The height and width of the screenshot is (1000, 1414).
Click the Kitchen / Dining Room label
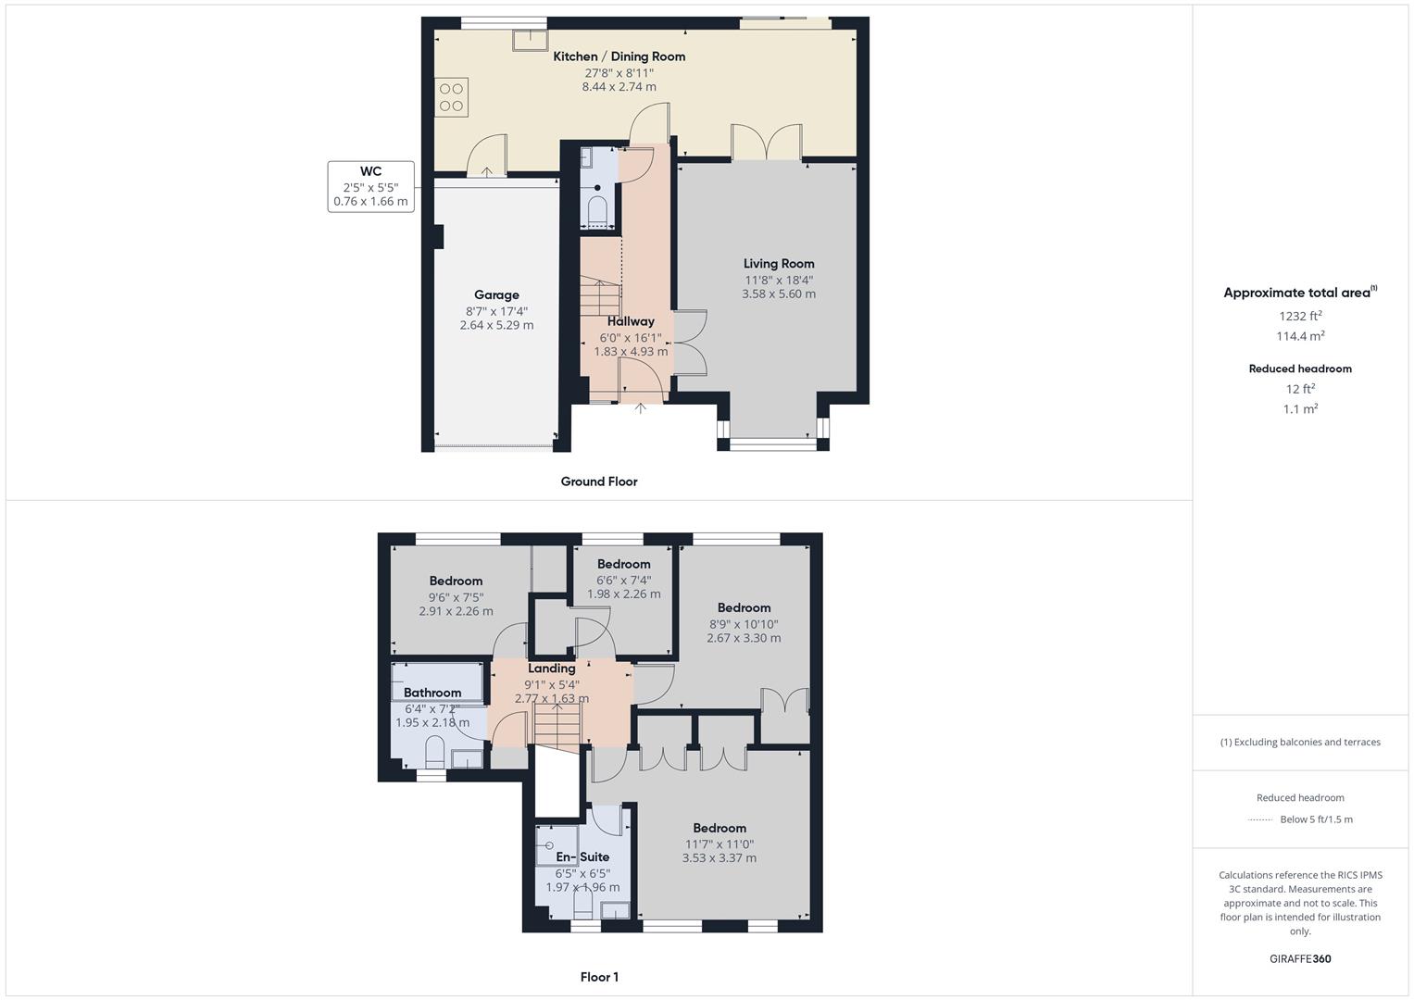pos(619,56)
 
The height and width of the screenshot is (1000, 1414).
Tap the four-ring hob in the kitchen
pos(452,97)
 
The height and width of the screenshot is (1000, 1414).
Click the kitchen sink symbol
pos(530,40)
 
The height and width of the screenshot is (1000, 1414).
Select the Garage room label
pos(496,295)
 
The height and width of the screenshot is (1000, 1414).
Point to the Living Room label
pos(779,264)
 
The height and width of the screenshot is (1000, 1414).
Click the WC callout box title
pos(370,171)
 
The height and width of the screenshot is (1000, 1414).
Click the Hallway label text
pos(631,321)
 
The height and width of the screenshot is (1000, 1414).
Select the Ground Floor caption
pos(599,481)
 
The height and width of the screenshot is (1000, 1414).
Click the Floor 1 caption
pos(599,977)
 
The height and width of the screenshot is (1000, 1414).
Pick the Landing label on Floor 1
pos(552,669)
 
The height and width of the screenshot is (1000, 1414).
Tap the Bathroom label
pos(432,693)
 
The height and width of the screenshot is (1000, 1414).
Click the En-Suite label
pos(582,857)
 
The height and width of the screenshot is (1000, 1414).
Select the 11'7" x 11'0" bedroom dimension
pos(720,844)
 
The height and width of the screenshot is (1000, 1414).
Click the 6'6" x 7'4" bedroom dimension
pos(623,580)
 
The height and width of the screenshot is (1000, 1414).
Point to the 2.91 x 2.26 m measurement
pos(456,611)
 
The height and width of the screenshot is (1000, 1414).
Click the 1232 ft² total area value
pos(1300,316)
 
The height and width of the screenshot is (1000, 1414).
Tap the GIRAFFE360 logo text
pos(1300,958)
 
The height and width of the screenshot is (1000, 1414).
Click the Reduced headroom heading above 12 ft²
pos(1300,369)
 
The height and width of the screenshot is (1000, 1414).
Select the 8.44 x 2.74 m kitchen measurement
pos(619,87)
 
